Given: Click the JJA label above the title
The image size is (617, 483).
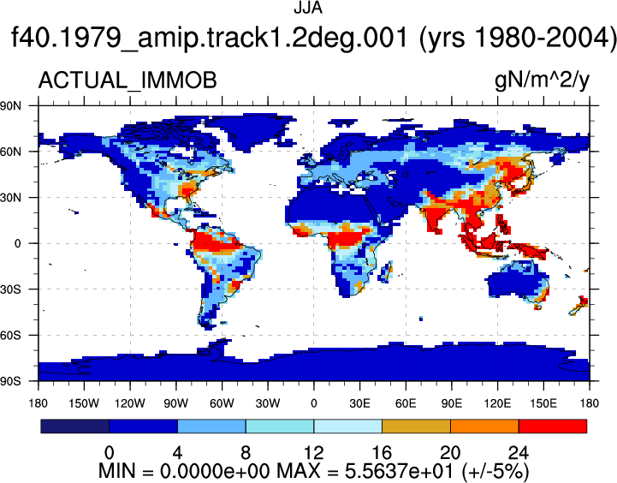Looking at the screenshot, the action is (x=308, y=8).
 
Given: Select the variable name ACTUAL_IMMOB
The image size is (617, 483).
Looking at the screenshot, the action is (x=128, y=80).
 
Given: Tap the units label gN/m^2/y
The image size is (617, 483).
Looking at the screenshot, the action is (x=542, y=80).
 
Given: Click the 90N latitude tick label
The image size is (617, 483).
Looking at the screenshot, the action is (x=10, y=105).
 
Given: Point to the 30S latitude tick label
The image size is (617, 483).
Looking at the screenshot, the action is (x=10, y=289).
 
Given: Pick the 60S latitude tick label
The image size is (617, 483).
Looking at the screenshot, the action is (x=10, y=336).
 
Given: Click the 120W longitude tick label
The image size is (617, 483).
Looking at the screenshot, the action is (x=130, y=403).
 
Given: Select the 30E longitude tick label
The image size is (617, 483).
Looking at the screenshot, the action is (x=359, y=403).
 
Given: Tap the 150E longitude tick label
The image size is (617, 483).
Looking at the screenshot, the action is (x=543, y=403).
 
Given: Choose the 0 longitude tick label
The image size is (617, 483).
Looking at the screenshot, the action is (x=313, y=403).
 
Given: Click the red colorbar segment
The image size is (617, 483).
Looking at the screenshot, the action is (x=553, y=426).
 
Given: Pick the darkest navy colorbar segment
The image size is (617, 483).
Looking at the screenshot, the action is (x=74, y=426).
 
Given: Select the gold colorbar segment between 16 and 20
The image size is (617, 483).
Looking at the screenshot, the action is (x=416, y=426).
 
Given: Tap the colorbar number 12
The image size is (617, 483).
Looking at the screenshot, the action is (x=313, y=453).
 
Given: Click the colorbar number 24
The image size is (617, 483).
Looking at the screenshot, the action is (x=519, y=453).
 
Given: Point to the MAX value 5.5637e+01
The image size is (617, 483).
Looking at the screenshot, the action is (x=400, y=471).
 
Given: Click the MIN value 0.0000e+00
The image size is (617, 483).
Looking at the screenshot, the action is (x=215, y=471).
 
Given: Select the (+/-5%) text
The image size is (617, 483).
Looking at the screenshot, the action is (x=495, y=471).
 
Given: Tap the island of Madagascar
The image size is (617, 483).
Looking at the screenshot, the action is (x=386, y=271).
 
